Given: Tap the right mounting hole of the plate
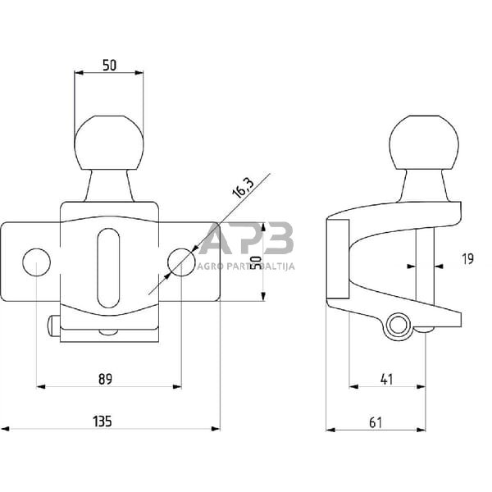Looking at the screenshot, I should [181, 262].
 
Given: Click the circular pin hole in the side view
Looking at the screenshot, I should [399, 326].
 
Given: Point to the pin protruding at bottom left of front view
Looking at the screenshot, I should [53, 326].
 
